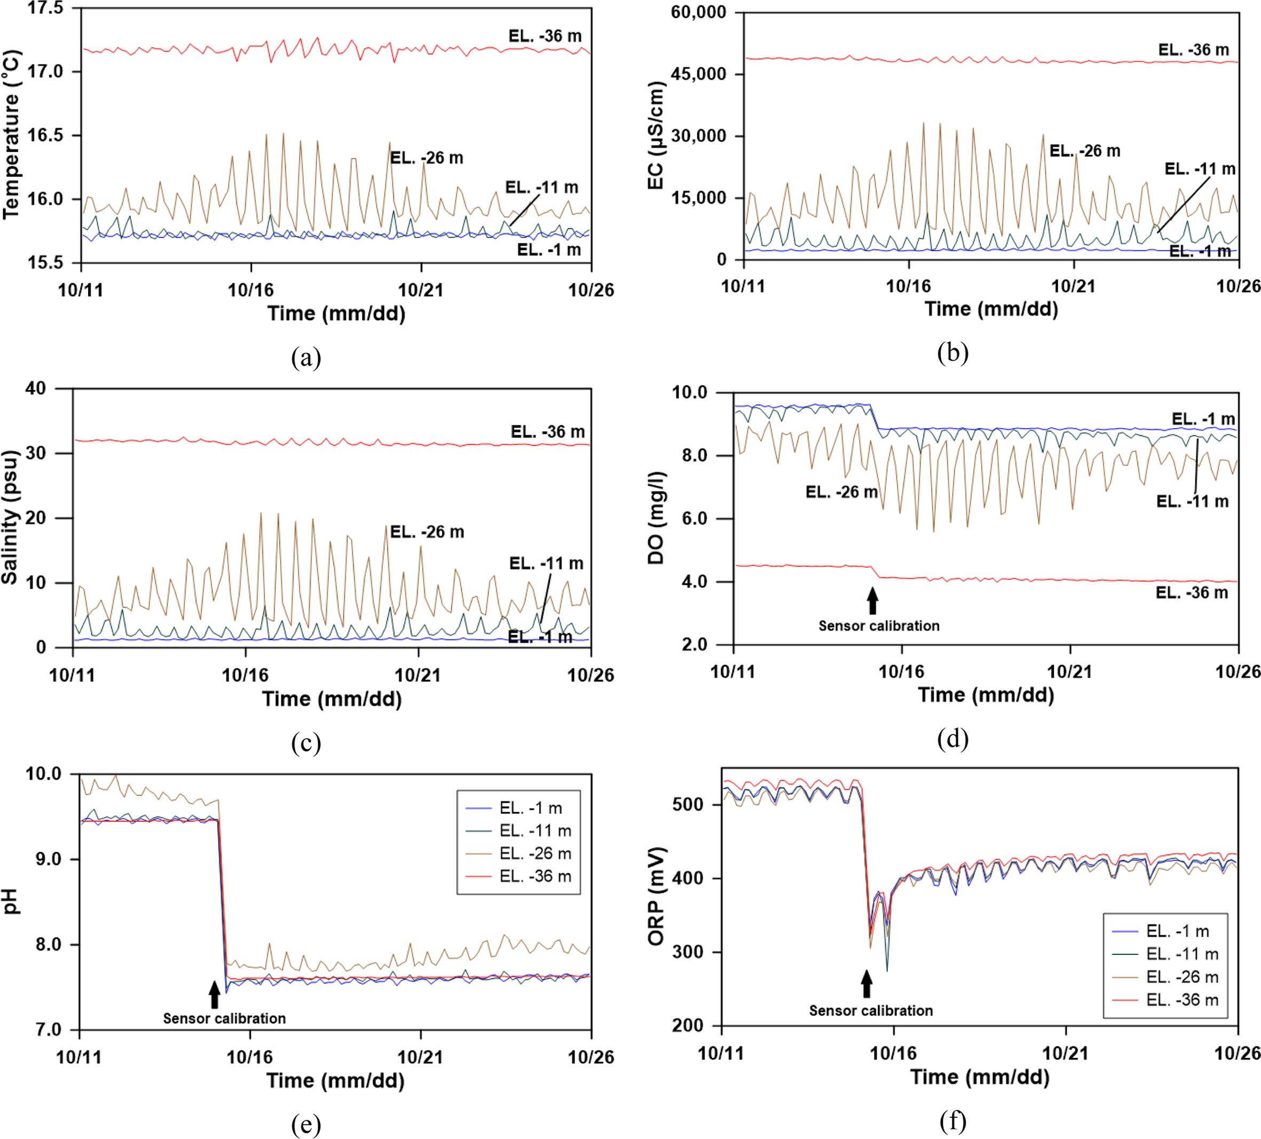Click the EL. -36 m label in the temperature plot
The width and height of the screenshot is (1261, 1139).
click(x=545, y=36)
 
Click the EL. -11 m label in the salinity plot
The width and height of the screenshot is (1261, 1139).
click(x=546, y=564)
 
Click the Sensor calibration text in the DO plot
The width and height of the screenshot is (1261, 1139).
click(x=879, y=626)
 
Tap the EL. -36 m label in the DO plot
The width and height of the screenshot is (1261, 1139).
click(x=1192, y=592)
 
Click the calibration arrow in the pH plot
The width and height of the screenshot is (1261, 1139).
click(x=215, y=994)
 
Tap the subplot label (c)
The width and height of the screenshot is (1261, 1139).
click(x=306, y=743)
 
